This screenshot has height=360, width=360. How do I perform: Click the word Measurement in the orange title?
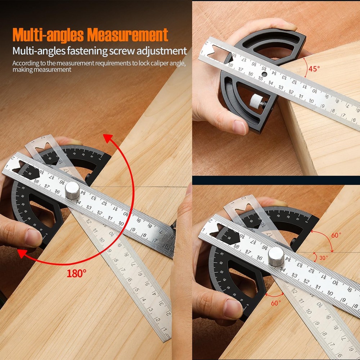(128, 35)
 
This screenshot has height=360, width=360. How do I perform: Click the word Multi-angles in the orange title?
(49, 35)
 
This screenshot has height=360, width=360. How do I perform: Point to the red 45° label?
(314, 68)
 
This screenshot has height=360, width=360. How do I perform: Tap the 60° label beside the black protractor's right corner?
(336, 235)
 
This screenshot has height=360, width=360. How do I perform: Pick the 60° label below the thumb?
(276, 303)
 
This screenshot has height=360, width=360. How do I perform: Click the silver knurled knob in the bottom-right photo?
(276, 257)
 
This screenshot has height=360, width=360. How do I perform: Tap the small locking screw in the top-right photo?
(258, 101)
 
